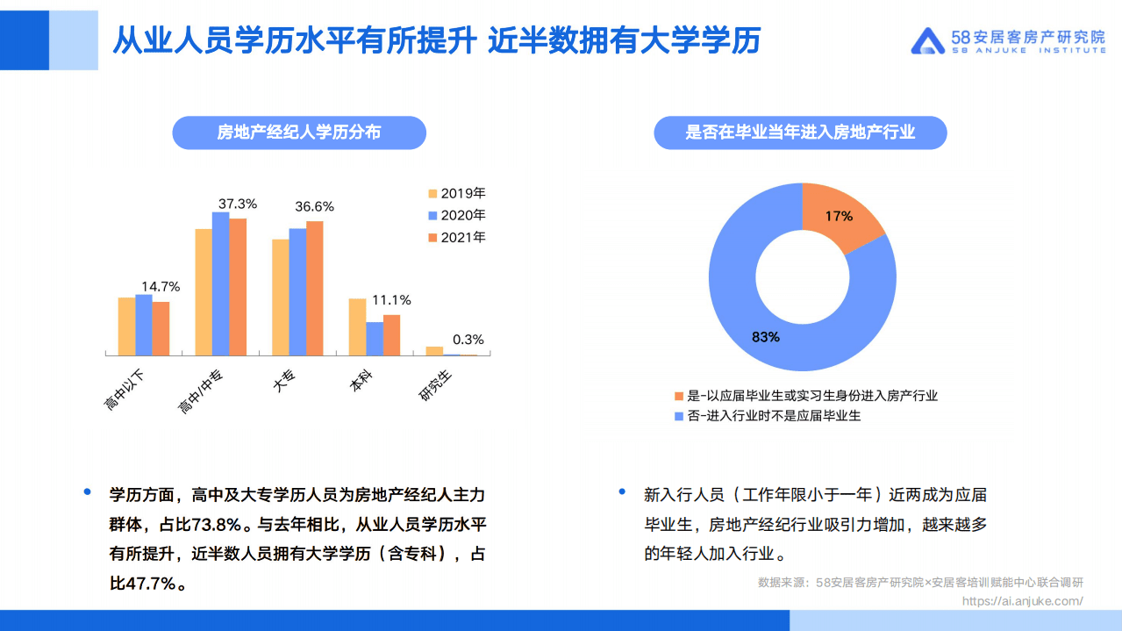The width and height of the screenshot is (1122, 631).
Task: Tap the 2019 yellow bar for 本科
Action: [357, 326]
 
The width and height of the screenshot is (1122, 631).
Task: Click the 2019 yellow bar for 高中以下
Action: [126, 326]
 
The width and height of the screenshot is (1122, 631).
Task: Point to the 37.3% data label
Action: [238, 204]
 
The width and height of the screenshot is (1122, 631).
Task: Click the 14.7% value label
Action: [161, 286]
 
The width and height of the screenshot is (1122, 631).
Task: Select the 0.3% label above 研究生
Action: [468, 340]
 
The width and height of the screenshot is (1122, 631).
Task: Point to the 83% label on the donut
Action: [765, 336]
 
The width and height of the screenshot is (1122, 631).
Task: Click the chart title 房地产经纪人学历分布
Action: [299, 133]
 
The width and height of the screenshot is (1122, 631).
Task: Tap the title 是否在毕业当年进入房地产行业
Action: [800, 133]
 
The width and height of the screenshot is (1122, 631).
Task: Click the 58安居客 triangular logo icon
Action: [927, 40]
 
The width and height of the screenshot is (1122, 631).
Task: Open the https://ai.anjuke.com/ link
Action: [1022, 601]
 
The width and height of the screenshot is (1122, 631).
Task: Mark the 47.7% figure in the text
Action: [143, 583]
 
